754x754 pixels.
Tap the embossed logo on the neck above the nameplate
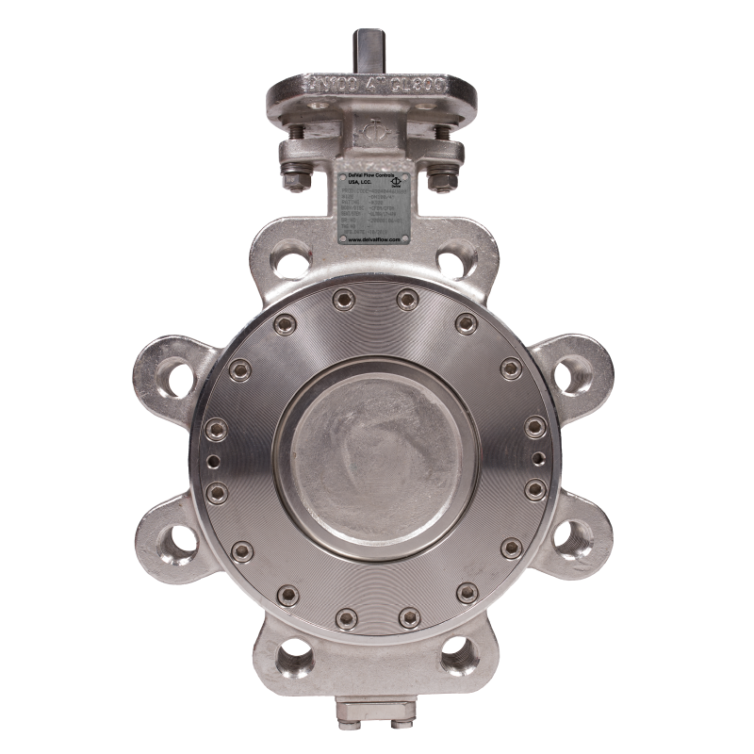point(375,131)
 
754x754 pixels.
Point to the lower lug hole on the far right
point(576,540)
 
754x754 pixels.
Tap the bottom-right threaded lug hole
point(460,649)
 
